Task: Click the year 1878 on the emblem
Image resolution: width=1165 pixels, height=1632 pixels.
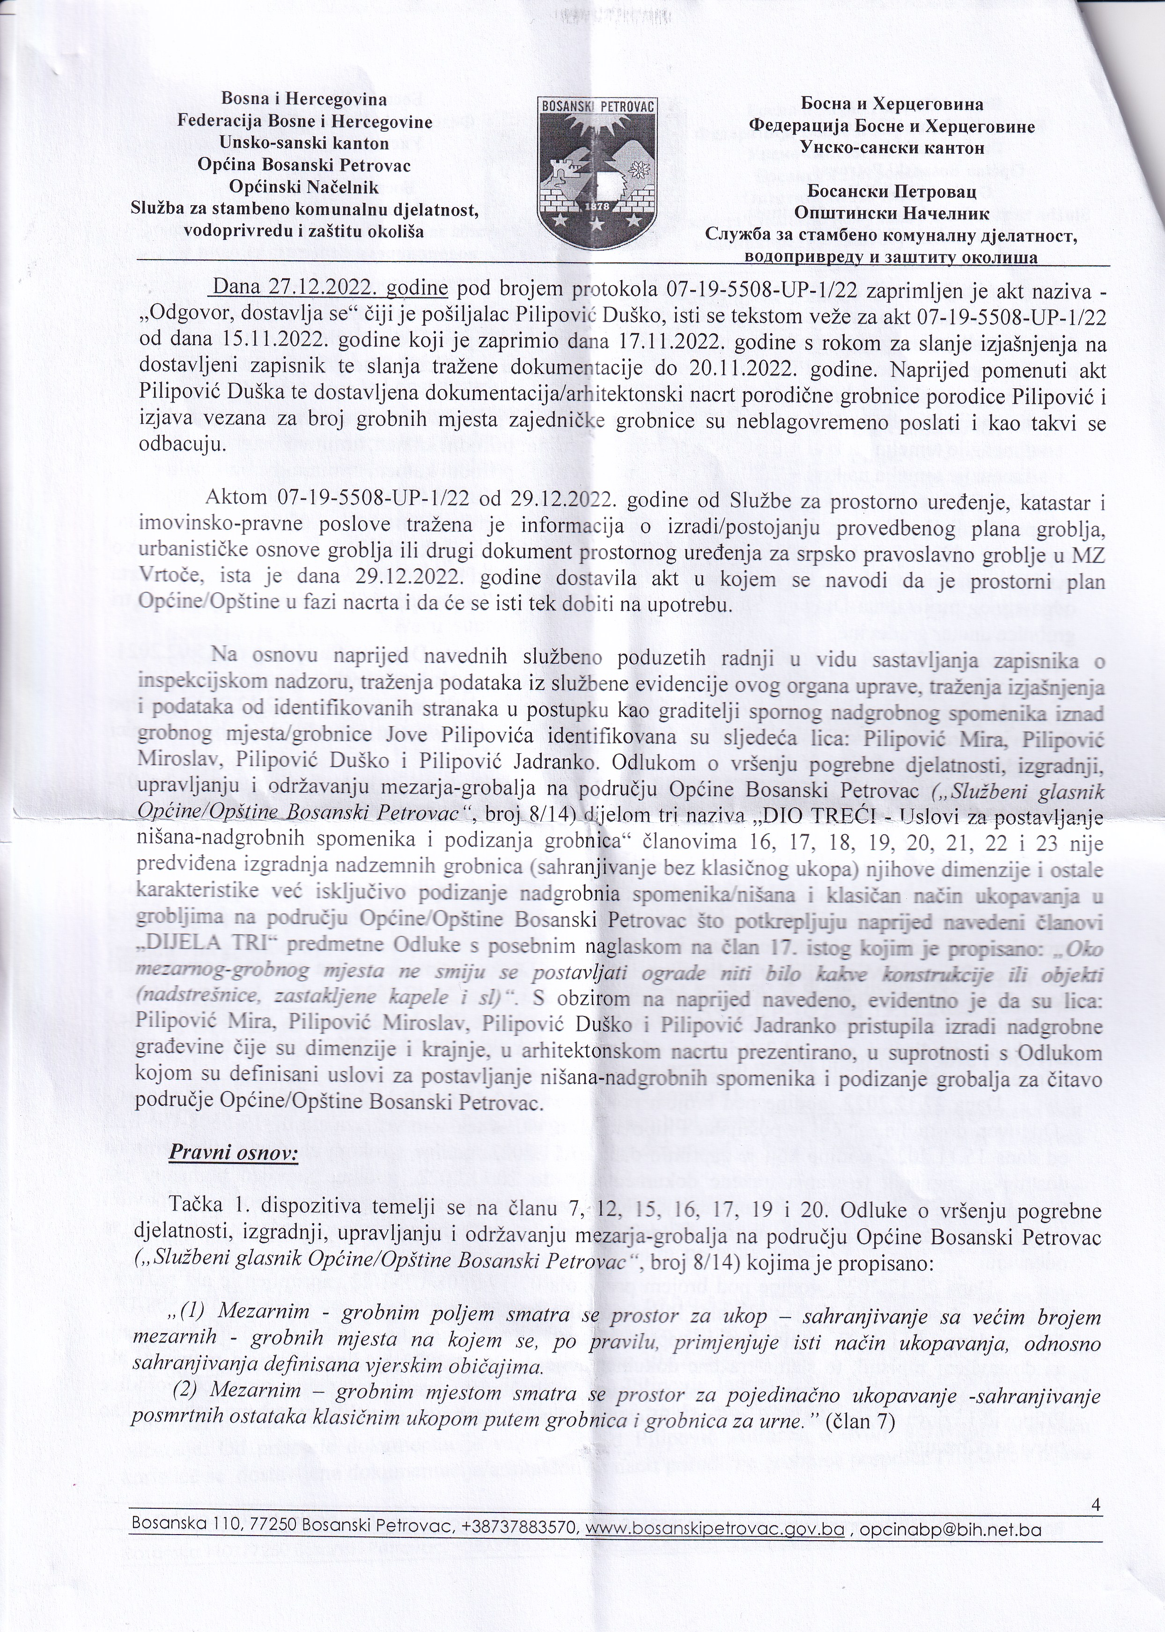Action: pyautogui.click(x=597, y=207)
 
